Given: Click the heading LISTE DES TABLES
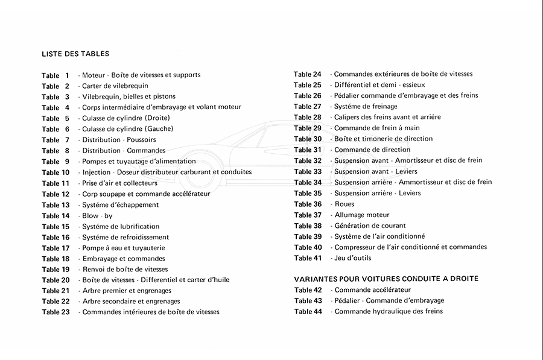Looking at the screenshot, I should [75, 54].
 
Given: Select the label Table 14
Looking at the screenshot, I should [56, 216].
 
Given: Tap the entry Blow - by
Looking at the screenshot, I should [97, 216].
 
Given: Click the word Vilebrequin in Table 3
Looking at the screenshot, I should [101, 96].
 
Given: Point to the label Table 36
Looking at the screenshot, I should [308, 204].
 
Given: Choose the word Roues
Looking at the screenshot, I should [345, 204].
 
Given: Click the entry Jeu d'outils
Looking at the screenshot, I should [352, 258].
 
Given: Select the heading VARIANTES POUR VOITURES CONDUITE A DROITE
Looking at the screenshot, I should [386, 279].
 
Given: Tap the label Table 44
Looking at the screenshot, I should [308, 312].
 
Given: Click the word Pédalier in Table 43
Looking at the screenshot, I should [348, 301].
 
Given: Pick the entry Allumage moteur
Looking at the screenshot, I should [361, 215].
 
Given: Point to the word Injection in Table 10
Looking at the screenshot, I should [97, 172].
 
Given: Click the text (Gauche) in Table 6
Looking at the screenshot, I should [159, 129].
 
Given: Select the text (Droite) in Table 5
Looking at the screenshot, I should [157, 118].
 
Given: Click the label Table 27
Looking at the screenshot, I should [308, 107].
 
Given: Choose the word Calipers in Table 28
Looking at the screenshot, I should [348, 118].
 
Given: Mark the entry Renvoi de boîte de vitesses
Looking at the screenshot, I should [125, 270].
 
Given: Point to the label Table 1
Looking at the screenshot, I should [56, 75].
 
